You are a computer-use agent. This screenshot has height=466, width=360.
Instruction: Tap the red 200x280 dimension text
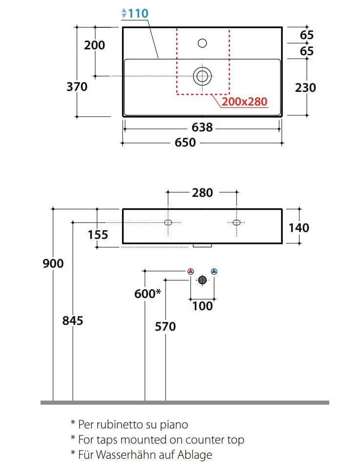coord(244,102)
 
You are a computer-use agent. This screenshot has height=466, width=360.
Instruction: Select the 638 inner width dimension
coord(202,127)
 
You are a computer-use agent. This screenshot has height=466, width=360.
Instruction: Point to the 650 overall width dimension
coord(185,142)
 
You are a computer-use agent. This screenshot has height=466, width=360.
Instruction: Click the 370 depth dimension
coord(77,87)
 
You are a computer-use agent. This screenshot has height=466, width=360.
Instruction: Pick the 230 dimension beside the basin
coord(305,87)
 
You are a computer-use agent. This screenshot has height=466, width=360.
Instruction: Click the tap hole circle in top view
coord(202,43)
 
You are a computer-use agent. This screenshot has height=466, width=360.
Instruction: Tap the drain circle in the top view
coord(202,76)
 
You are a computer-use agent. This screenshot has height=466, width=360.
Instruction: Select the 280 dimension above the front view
coord(202,192)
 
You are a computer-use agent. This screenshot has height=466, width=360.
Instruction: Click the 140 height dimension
coord(299,228)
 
